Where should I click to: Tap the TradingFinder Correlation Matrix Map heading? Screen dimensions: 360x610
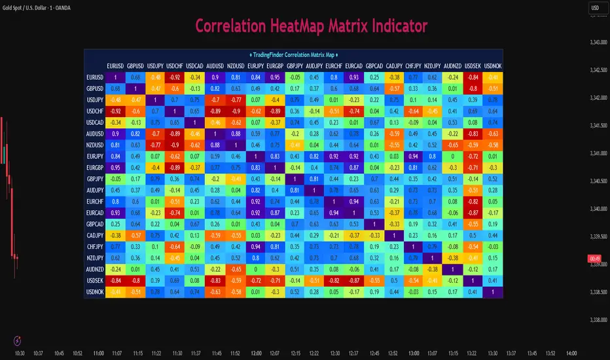tap(294, 54)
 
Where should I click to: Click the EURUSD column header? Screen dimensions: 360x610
tap(115, 66)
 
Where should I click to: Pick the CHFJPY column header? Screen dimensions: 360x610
tap(414, 66)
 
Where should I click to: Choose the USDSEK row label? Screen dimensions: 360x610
tap(95, 280)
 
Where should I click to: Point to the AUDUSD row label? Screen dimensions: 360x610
tap(95, 132)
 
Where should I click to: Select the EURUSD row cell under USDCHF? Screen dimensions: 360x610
tap(175, 77)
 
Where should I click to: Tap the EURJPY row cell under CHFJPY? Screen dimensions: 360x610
tap(414, 156)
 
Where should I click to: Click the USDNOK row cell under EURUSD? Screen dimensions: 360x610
tap(115, 292)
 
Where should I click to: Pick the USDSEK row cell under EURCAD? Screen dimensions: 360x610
tap(354, 280)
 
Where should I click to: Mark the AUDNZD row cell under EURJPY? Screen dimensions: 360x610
tap(255, 268)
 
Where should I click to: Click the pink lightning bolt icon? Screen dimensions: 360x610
tap(17, 340)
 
